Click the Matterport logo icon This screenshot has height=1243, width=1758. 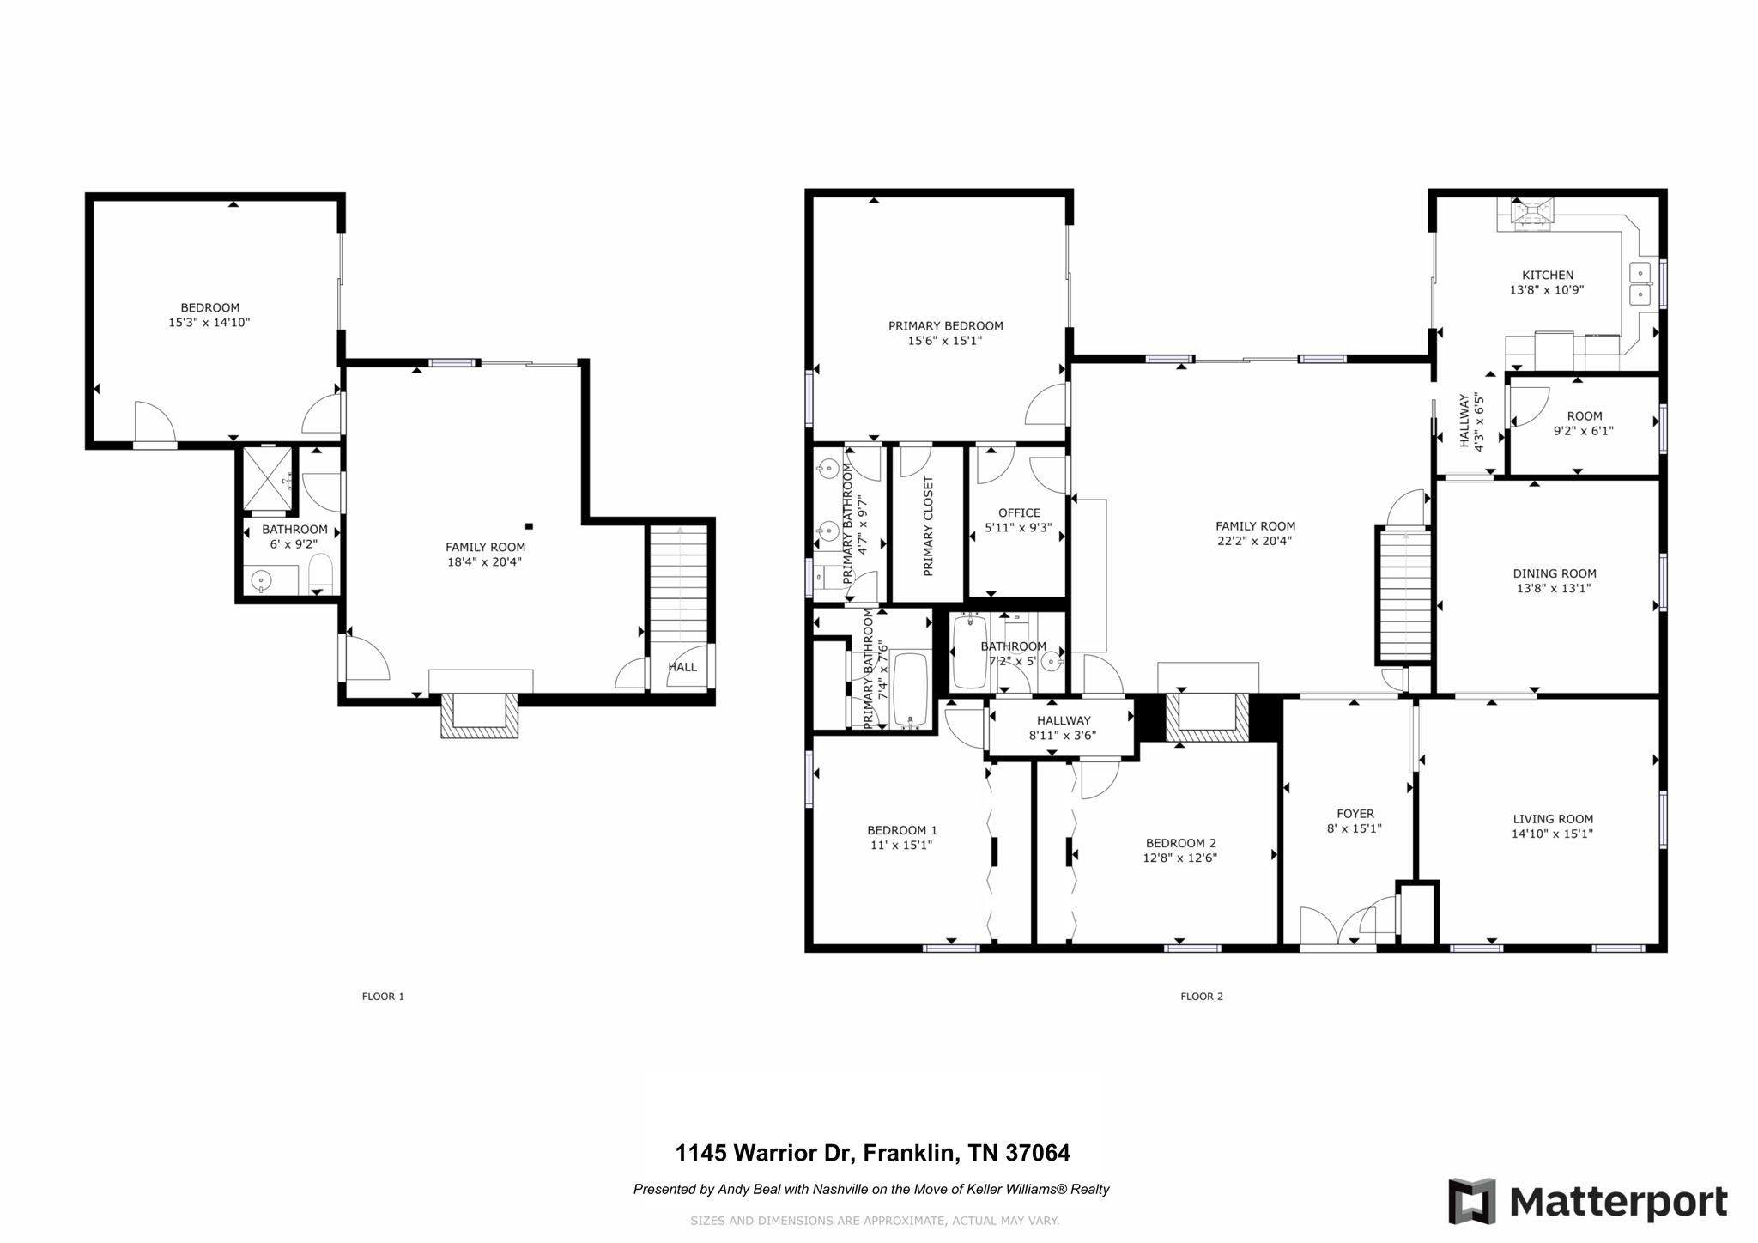click(1471, 1201)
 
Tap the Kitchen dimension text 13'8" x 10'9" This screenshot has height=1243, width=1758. click(1547, 290)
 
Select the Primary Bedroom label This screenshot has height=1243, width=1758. click(945, 325)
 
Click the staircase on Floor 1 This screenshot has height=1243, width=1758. click(679, 584)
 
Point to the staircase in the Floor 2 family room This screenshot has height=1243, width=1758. click(1405, 594)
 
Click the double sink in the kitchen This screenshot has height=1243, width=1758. click(1640, 284)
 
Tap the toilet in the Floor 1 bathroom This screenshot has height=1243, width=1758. click(319, 573)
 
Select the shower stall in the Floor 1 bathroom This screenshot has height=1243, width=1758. click(266, 478)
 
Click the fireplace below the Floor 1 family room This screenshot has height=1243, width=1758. click(479, 714)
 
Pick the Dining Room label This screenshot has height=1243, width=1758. click(1554, 573)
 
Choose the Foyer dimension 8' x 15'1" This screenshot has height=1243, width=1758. click(1355, 828)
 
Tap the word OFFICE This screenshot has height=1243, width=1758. click(1019, 512)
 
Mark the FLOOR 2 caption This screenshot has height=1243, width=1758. click(1201, 997)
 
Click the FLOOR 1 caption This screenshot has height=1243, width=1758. click(383, 997)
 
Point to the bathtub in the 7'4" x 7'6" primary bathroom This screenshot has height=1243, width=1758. click(910, 689)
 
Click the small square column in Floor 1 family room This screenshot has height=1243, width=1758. click(529, 526)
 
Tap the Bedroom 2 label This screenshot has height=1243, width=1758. click(1180, 843)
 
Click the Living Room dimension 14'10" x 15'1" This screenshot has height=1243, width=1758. click(1552, 834)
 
